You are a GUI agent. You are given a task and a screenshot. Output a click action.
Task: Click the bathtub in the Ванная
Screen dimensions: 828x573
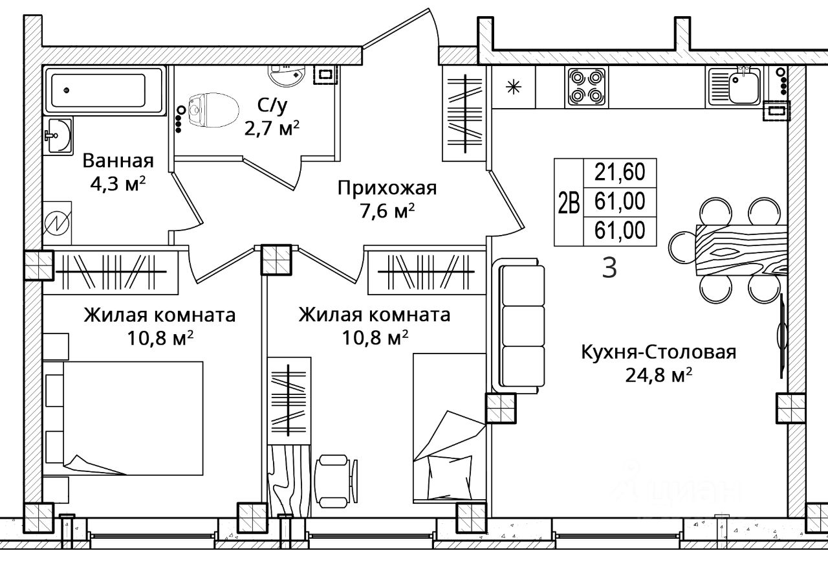(x=104, y=91)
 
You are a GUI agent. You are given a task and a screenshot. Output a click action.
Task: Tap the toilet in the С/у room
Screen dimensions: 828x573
(x=213, y=110)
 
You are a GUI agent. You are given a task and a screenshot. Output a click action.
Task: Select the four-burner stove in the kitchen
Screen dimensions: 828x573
(x=586, y=87)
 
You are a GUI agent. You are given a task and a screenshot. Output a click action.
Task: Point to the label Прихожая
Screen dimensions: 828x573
(x=387, y=188)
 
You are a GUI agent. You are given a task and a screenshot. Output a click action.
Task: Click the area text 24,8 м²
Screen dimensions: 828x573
(x=659, y=376)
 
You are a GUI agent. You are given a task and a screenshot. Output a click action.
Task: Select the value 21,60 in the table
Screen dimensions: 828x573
(x=620, y=172)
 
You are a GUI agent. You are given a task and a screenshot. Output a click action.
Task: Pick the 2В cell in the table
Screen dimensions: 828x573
(x=569, y=203)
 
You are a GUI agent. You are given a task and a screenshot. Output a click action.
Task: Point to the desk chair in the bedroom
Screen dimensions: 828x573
(x=335, y=480)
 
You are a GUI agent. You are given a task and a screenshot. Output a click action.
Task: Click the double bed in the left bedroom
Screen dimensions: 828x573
(x=124, y=418)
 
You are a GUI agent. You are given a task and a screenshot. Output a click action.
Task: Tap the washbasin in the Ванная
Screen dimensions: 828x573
(x=58, y=135)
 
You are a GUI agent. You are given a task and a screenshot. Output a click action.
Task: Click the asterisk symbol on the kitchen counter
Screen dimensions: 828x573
(x=514, y=87)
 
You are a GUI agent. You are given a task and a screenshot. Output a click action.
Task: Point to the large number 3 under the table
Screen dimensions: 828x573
(x=609, y=268)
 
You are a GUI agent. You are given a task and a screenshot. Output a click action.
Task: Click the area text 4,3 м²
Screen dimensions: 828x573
(x=118, y=183)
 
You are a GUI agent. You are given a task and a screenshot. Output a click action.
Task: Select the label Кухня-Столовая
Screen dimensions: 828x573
(x=659, y=352)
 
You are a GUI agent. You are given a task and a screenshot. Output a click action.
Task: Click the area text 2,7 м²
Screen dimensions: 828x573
(x=272, y=129)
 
